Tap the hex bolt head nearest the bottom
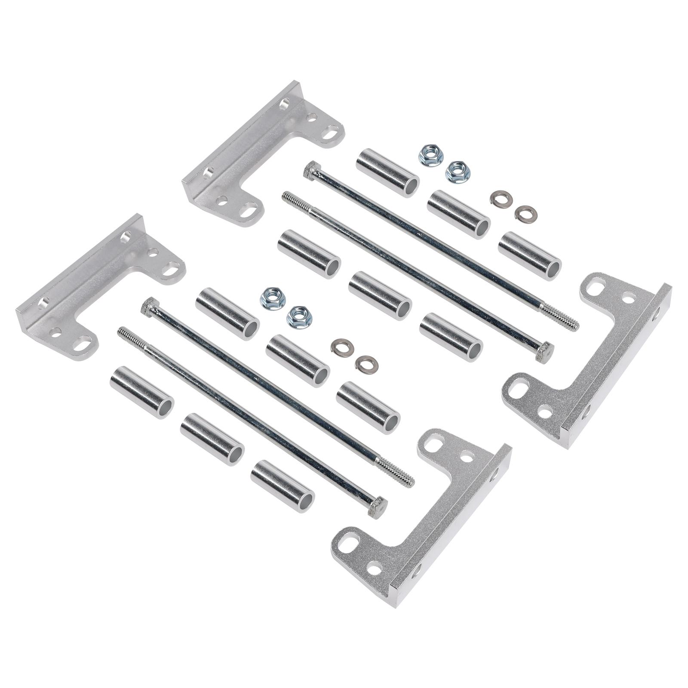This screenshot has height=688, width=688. tap(378, 506)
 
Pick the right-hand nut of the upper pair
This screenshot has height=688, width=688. tap(458, 172)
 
